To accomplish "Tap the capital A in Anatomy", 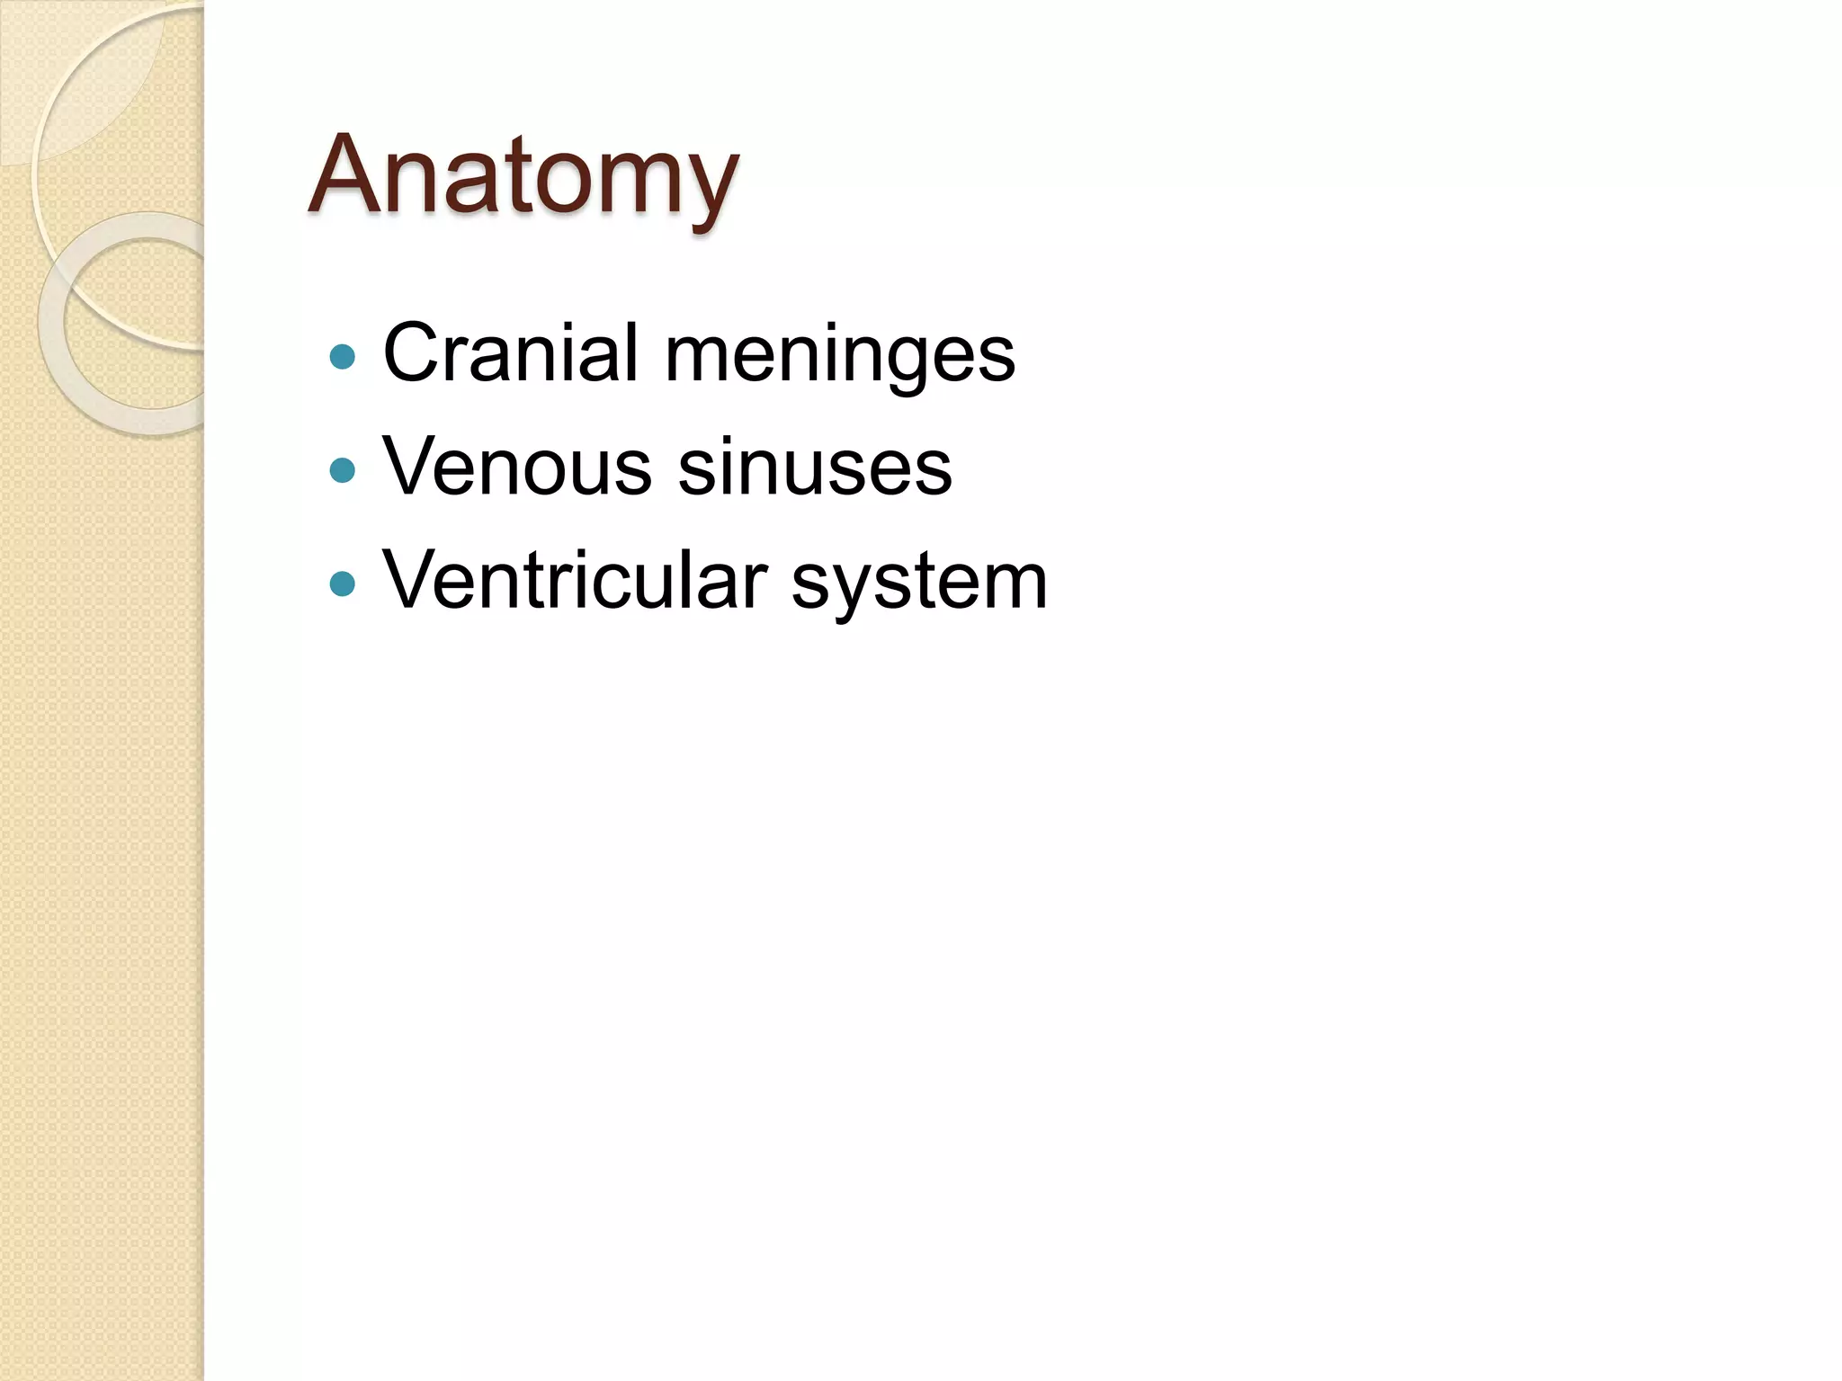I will click(x=353, y=174).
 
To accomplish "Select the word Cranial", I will click(x=511, y=352).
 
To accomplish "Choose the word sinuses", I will click(x=815, y=467).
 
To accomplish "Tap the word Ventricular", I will click(x=576, y=581).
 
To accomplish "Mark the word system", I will click(x=919, y=584).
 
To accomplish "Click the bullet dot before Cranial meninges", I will click(x=343, y=357).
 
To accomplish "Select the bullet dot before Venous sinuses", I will click(x=343, y=470).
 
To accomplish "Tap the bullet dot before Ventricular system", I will click(x=343, y=584).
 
